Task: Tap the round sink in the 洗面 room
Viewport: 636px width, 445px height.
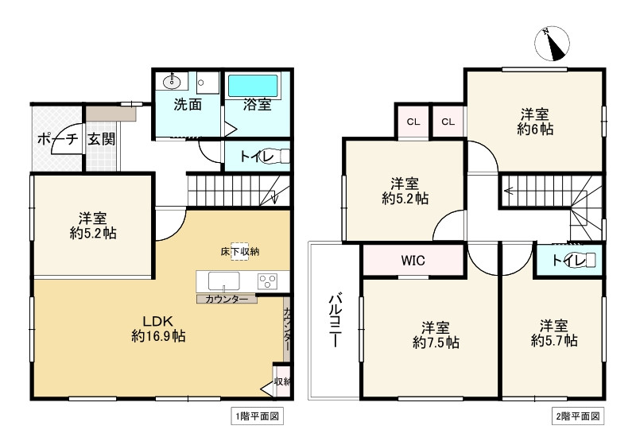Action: coord(171,82)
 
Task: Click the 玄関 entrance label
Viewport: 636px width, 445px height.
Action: coord(101,139)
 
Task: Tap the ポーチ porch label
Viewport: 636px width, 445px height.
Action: coord(56,139)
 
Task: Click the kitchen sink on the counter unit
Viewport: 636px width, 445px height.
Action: coord(223,281)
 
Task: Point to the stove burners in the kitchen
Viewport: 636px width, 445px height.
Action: coord(268,281)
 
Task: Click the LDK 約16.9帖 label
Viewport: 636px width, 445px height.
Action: coord(159,329)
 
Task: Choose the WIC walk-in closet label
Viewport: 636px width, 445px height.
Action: coord(413,260)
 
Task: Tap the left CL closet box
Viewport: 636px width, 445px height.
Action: coord(413,122)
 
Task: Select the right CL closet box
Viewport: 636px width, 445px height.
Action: coord(448,122)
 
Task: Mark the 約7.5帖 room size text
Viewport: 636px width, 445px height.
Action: coord(436,342)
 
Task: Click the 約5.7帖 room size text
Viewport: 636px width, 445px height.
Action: coord(554,341)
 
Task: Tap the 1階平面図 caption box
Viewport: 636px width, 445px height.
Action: coord(254,416)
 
